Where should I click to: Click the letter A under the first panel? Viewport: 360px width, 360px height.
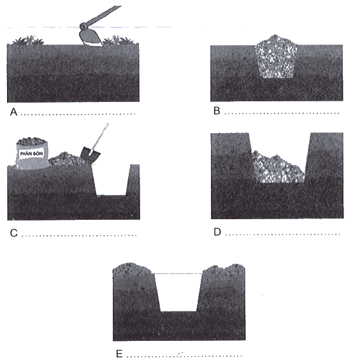[14, 112]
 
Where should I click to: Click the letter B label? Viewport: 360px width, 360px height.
[217, 111]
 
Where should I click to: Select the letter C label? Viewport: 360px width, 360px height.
[14, 233]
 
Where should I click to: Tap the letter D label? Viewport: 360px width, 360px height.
[217, 232]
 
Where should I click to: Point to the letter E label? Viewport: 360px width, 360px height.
[119, 354]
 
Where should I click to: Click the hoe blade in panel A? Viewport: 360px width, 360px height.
[90, 37]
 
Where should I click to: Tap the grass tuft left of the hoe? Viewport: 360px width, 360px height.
[28, 40]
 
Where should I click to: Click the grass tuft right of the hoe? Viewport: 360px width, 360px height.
[120, 40]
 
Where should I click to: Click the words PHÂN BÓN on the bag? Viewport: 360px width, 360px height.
[31, 154]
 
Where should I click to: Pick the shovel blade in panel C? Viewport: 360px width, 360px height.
[90, 153]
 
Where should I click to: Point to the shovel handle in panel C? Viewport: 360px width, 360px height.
[100, 136]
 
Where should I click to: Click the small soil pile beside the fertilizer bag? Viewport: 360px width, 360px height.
[66, 159]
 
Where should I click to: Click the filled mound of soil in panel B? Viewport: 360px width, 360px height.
[276, 57]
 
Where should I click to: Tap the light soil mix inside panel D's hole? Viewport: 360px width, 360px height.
[278, 168]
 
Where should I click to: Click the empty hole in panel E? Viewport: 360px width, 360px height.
[178, 292]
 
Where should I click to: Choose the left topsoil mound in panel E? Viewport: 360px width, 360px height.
[132, 269]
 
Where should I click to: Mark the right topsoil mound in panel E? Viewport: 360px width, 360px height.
[224, 269]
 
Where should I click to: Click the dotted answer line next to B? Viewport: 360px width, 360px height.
[282, 113]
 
